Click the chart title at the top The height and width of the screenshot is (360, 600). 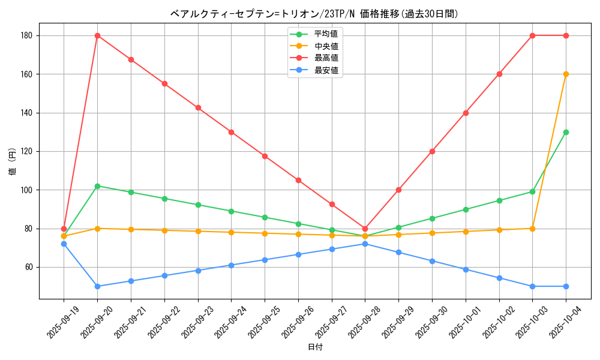[314, 14]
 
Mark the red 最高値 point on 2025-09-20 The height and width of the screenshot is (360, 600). [97, 35]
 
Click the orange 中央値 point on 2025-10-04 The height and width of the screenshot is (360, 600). [566, 74]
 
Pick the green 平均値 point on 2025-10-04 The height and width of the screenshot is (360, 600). [566, 132]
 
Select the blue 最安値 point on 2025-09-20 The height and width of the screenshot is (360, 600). [97, 286]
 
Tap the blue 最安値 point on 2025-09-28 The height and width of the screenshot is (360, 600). [365, 244]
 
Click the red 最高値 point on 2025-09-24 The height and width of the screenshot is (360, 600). [231, 132]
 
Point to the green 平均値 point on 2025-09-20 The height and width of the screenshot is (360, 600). [97, 186]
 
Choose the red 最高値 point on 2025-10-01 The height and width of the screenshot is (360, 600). [466, 113]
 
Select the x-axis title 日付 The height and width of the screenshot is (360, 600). [314, 347]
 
